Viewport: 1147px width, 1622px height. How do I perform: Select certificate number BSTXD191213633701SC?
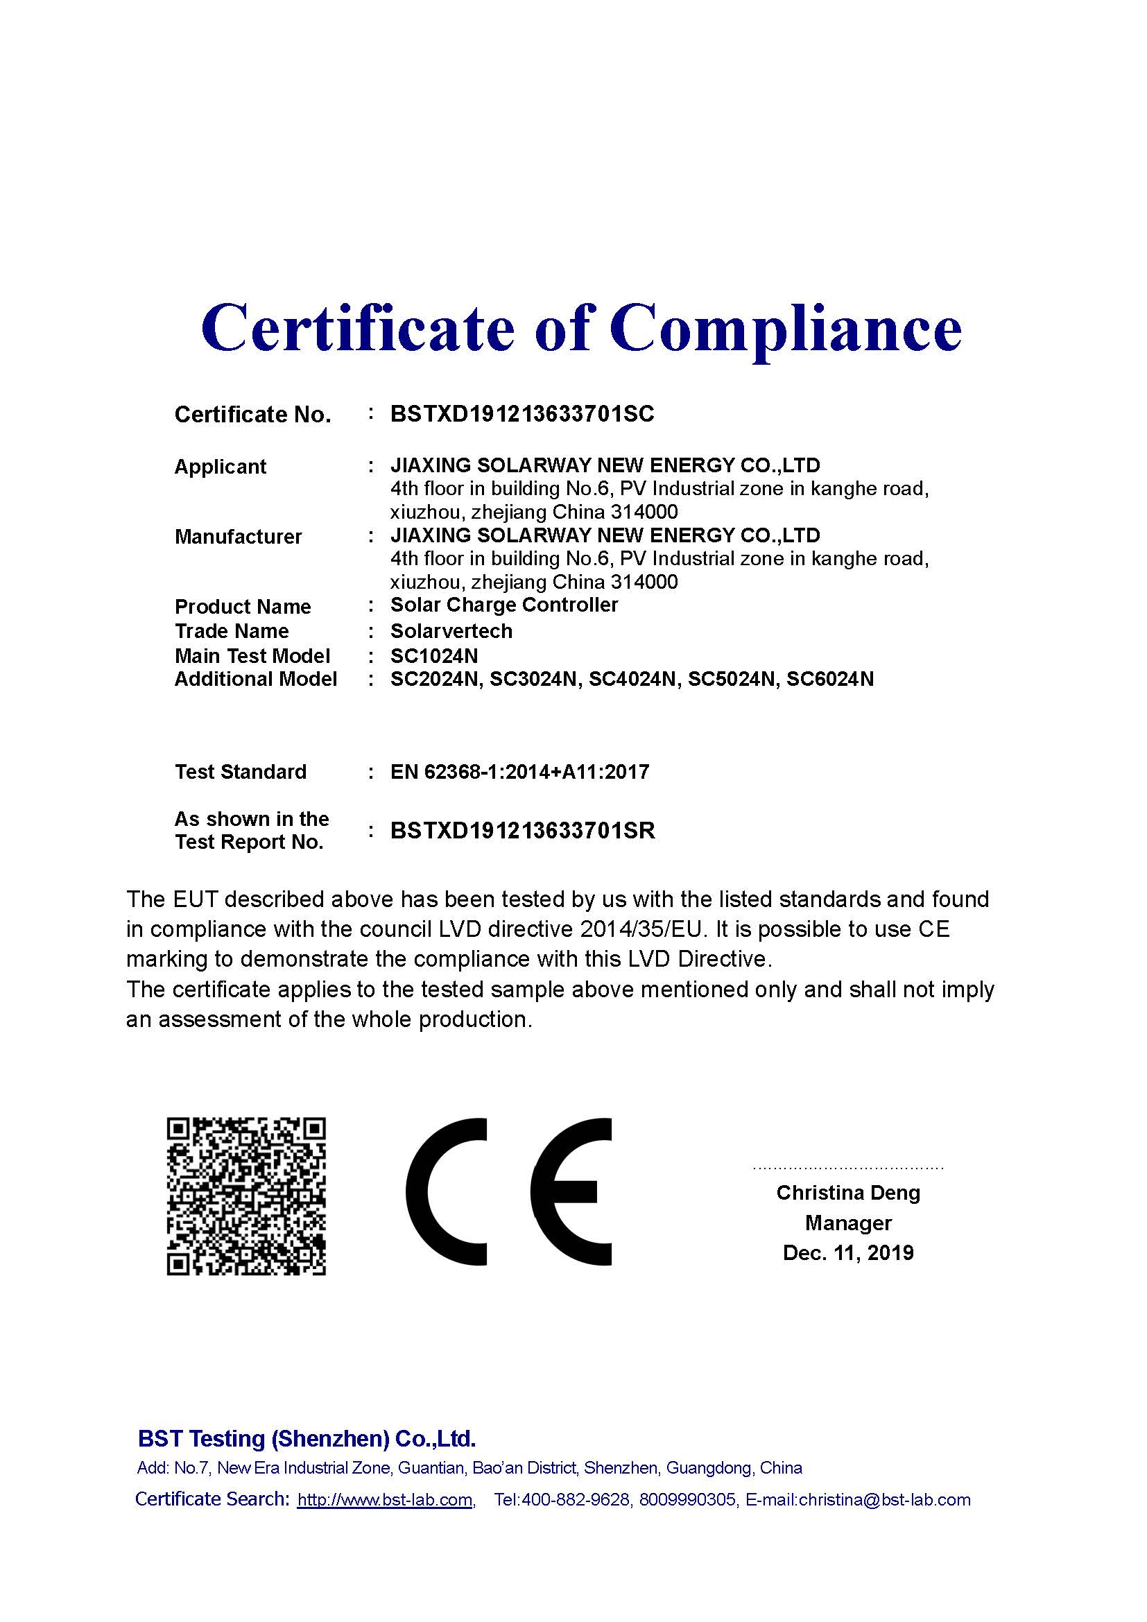522,414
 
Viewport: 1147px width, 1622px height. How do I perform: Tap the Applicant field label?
220,467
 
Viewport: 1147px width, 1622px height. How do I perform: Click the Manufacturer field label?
238,537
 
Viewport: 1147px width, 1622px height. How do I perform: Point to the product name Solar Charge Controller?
503,605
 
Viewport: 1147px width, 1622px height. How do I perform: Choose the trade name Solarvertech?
451,631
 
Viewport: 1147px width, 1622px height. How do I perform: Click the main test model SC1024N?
433,656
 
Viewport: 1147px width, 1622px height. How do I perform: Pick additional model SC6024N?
830,680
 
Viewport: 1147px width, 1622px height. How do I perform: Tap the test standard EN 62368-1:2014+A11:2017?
519,772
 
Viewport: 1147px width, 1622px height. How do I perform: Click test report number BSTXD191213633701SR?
523,831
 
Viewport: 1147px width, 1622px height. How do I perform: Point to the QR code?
245,1196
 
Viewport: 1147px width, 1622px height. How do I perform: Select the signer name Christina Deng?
847,1193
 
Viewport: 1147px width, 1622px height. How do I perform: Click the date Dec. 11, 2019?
847,1252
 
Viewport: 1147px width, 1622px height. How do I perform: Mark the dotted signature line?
847,1168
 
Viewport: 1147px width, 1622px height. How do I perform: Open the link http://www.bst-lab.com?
384,1500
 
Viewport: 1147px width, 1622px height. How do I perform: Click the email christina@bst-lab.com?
884,1500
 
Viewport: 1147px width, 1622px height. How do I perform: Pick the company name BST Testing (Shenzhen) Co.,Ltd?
307,1438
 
